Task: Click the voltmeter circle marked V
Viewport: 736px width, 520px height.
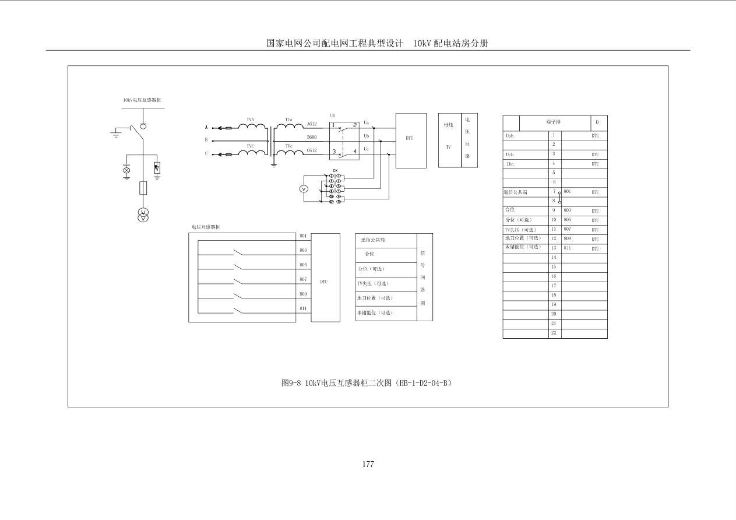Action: click(303, 189)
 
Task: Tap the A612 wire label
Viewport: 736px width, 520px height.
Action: click(312, 124)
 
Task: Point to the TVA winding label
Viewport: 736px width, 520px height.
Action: click(250, 120)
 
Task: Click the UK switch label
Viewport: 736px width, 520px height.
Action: click(332, 116)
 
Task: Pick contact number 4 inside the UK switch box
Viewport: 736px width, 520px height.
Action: click(355, 151)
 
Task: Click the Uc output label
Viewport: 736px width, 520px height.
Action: click(366, 149)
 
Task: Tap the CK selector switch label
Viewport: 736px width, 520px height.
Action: click(334, 170)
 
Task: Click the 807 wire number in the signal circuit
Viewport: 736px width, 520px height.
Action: click(303, 279)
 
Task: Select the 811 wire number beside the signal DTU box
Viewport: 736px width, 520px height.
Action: click(303, 308)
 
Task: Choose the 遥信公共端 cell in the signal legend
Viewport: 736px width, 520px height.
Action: click(373, 240)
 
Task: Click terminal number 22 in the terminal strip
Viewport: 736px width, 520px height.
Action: click(554, 333)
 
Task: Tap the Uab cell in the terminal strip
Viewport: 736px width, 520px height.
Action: click(510, 136)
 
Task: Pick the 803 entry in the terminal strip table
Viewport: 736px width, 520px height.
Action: click(567, 210)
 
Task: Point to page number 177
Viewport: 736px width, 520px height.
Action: click(368, 464)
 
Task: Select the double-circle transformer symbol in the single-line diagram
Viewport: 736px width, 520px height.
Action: click(143, 215)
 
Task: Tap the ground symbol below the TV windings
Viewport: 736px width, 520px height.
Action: click(273, 166)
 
